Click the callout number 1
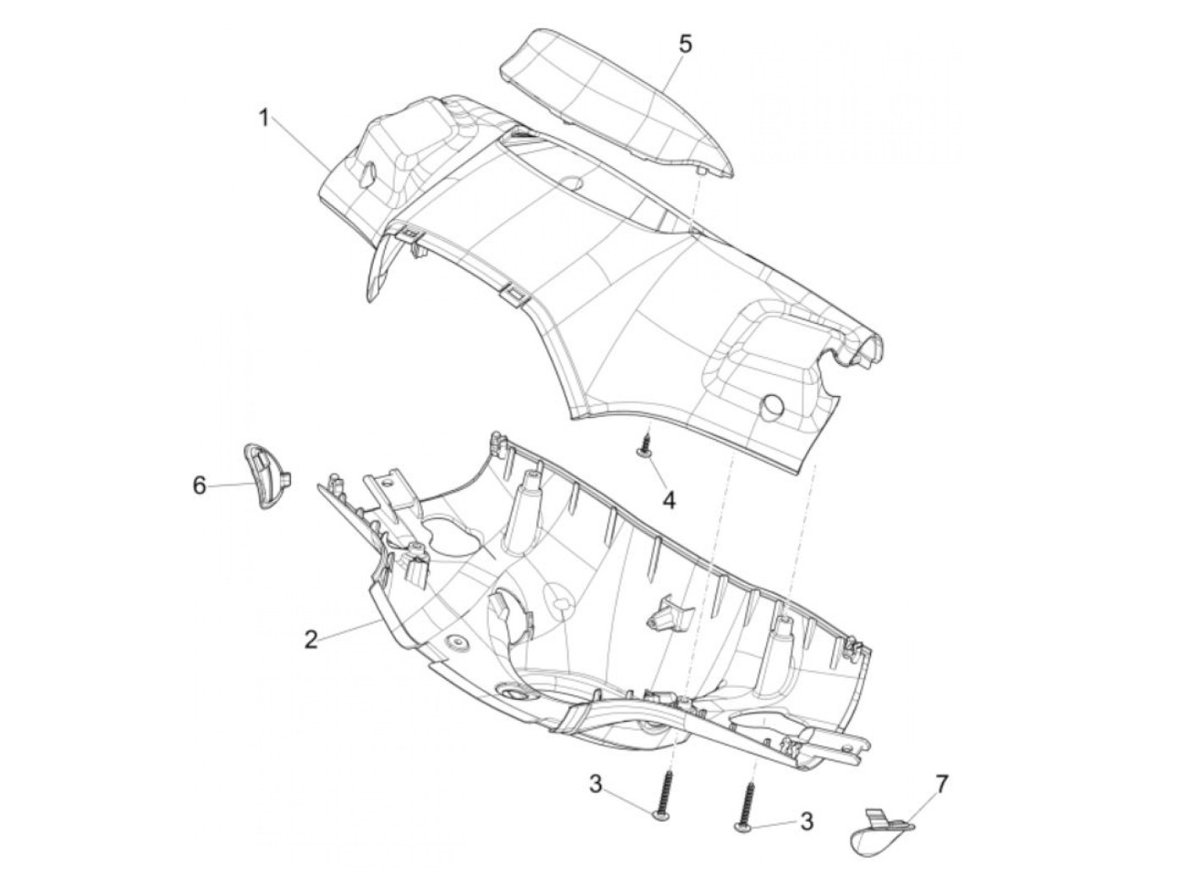point(264,118)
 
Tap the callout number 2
point(311,640)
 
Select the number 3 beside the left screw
point(596,784)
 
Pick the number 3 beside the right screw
point(806,821)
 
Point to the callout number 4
point(668,501)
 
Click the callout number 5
point(685,43)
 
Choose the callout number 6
point(200,486)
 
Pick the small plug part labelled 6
point(269,478)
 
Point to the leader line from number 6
point(230,485)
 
